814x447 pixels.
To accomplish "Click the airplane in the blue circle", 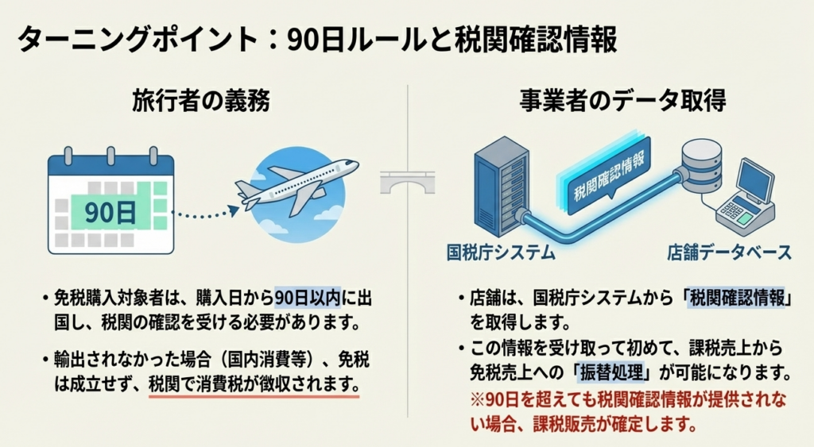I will pyautogui.click(x=294, y=187).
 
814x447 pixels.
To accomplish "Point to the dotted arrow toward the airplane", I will pyautogui.click(x=205, y=212).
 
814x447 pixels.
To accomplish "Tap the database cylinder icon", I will pyautogui.click(x=700, y=166).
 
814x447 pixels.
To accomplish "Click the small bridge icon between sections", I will pyautogui.click(x=406, y=184).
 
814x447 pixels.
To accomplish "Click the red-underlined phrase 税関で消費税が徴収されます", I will pyautogui.click(x=254, y=384).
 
